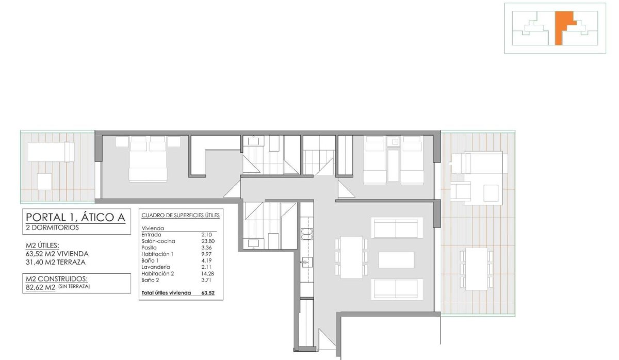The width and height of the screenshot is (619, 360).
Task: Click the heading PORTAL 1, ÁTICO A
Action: tap(75, 217)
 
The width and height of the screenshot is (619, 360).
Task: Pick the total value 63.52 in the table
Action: tap(208, 293)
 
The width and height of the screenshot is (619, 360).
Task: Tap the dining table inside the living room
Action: tap(351, 257)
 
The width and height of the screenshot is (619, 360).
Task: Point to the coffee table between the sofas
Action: tap(396, 259)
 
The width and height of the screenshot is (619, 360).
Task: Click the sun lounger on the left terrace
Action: tap(51, 152)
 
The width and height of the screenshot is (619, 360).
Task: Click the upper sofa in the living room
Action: tap(397, 227)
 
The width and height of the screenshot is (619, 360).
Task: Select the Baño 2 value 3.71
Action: tap(206, 280)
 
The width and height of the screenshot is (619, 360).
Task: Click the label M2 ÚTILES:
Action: tap(42, 245)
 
